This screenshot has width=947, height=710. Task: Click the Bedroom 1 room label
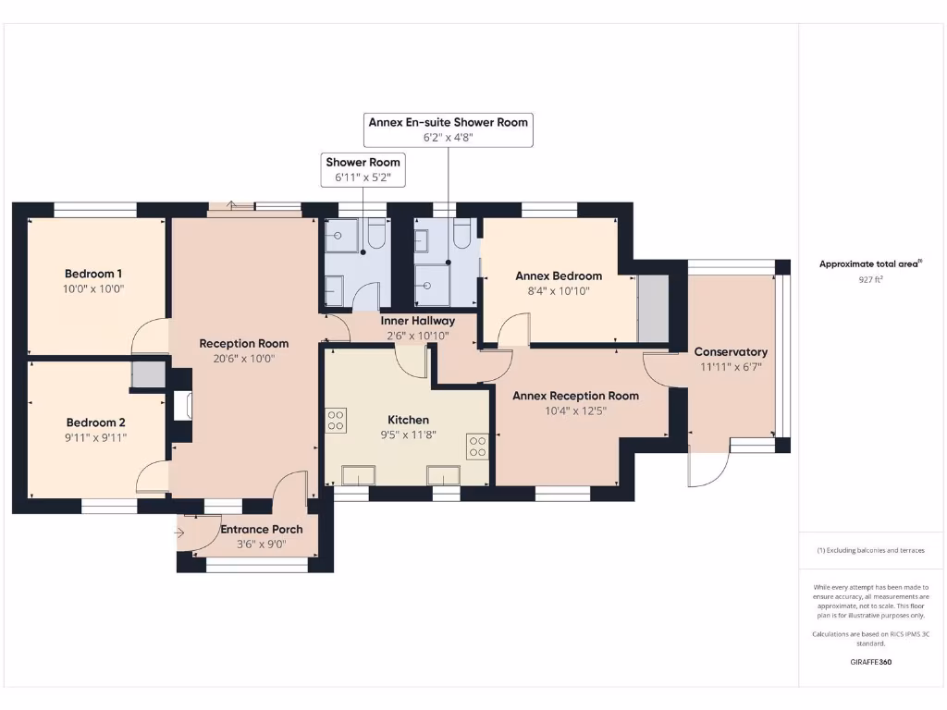tap(93, 274)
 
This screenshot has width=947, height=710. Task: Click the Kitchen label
tap(408, 420)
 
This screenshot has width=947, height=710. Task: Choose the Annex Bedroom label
tap(559, 275)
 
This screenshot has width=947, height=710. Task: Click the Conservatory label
tap(731, 351)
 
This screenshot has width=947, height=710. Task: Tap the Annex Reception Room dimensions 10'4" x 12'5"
tap(575, 411)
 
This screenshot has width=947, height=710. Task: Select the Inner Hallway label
tap(417, 321)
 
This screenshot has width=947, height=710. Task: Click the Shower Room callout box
tap(363, 169)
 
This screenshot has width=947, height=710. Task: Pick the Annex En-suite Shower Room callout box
tap(448, 129)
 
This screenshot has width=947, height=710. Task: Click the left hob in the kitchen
tap(336, 421)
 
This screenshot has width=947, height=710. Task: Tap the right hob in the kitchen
tap(477, 447)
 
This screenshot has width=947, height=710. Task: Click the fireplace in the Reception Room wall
tap(181, 408)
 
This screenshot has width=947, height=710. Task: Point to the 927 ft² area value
tap(870, 278)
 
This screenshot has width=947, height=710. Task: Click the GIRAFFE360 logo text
tap(870, 662)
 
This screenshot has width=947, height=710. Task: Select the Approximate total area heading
tap(869, 263)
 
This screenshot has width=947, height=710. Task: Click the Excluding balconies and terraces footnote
tap(870, 550)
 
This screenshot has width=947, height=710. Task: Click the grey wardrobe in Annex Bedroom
tap(654, 308)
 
